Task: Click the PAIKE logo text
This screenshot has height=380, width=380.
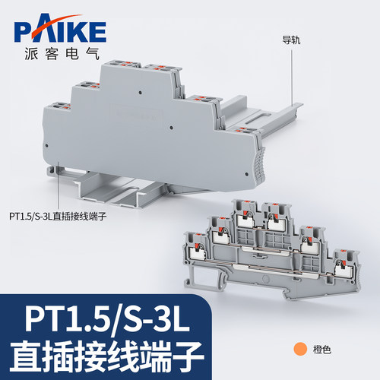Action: (60, 31)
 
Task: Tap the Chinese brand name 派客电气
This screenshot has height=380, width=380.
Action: (62, 54)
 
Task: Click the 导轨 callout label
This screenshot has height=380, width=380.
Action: (291, 40)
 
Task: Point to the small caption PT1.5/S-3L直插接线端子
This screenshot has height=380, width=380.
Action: (58, 217)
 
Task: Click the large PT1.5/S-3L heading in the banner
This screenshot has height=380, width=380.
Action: (107, 321)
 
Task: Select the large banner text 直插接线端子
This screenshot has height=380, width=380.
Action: (107, 356)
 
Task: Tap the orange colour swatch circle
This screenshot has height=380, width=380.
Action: (300, 349)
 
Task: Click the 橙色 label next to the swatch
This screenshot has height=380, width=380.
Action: (322, 350)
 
